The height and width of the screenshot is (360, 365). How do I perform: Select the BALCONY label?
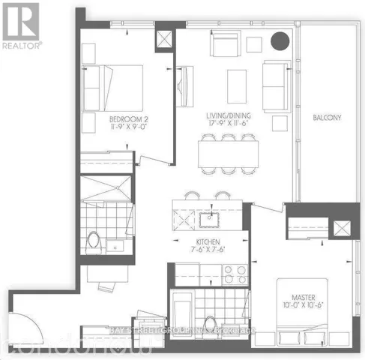[328, 118]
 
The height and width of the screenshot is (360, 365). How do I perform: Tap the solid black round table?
[280, 43]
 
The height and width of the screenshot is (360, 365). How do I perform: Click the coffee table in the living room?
[238, 82]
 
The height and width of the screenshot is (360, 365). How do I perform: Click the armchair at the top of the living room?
[224, 46]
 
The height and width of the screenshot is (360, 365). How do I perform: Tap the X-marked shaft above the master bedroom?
[346, 228]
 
